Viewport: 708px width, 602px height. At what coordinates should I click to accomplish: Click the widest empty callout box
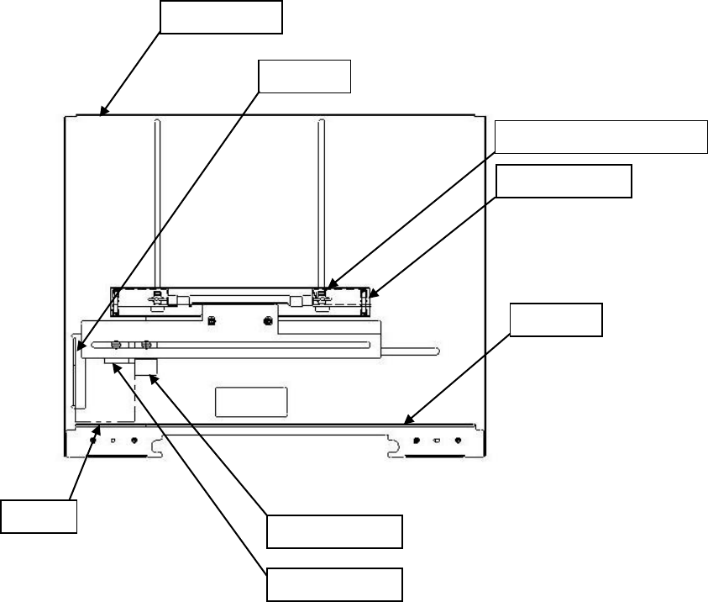coord(600,137)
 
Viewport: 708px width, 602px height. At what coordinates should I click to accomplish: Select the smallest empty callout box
coord(39,515)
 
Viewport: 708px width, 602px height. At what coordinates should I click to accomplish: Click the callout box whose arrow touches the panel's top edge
coord(221,17)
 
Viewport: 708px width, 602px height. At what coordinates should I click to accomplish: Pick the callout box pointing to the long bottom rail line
coord(557,319)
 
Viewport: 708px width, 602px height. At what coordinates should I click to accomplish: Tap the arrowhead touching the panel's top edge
coord(103,111)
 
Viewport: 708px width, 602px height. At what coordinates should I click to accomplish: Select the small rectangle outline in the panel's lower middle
coord(251,402)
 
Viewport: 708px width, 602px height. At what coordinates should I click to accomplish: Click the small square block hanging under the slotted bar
coord(146,367)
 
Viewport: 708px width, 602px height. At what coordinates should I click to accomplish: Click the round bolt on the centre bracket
coord(268,320)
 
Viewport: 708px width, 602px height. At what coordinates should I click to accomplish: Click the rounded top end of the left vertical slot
coord(156,123)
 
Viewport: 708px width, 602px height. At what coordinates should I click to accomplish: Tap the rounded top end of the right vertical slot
coord(320,123)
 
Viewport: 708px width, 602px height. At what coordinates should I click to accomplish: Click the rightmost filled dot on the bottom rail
coord(458,441)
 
